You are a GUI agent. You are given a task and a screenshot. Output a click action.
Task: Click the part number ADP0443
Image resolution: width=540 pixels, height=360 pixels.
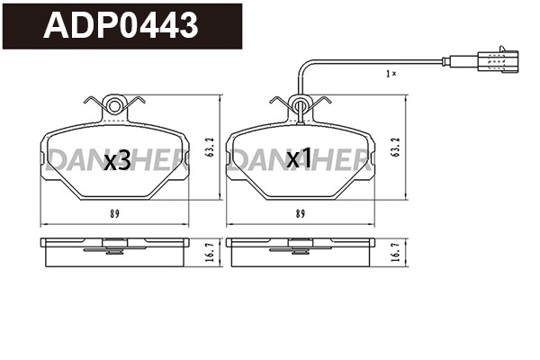point(122,24)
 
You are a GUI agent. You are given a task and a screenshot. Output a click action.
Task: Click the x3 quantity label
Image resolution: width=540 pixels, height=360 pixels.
point(116,161)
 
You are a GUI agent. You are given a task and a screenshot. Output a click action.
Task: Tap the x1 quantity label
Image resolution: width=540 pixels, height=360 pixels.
point(298,160)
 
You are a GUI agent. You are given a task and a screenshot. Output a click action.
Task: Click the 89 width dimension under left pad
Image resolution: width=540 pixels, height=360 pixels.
point(116,213)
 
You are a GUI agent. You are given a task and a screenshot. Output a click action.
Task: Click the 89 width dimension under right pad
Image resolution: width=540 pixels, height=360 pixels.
point(299,213)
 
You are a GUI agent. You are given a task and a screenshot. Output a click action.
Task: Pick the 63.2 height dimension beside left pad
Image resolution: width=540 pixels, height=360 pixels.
point(209,147)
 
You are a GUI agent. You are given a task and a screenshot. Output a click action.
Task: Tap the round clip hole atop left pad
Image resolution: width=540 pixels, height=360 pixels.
point(114,107)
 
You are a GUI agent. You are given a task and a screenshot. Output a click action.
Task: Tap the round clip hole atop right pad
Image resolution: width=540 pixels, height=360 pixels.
point(298,107)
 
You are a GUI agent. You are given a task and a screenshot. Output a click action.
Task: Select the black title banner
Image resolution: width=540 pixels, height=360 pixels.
point(121,25)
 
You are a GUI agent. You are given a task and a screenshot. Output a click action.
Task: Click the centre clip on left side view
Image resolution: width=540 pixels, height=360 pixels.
point(115,243)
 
